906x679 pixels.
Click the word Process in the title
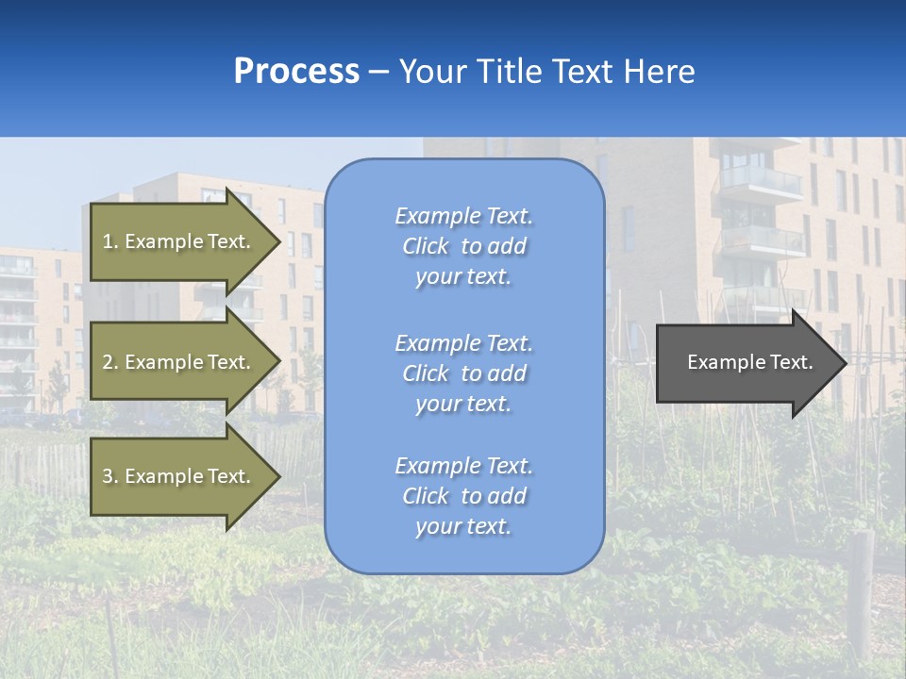pos(296,72)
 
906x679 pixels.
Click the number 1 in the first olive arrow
pos(108,241)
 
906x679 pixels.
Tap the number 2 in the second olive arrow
pos(108,362)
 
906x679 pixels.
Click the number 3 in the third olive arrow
pos(108,476)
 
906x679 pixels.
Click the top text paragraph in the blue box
pos(463,246)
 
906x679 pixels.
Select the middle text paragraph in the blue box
pos(463,373)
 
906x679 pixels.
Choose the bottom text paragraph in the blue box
pos(463,496)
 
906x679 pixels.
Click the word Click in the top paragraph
pos(426,246)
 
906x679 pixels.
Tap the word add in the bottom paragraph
pos(507,496)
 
